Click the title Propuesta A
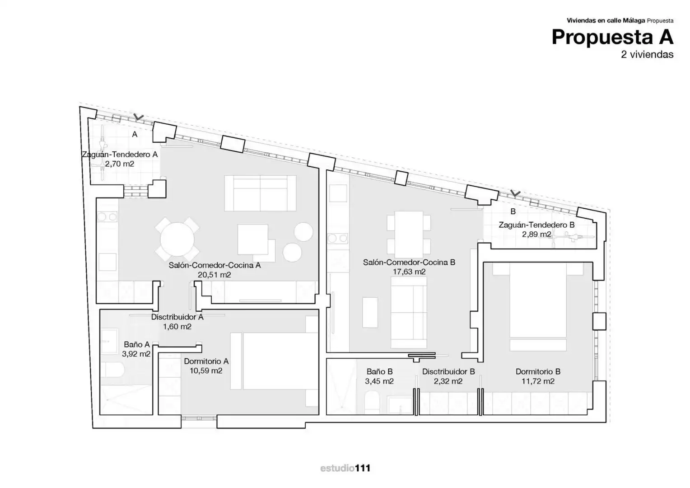point(612,38)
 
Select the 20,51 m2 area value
point(214,275)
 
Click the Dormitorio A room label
point(206,361)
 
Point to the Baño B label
point(379,371)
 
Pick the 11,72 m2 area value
point(538,381)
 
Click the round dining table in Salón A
point(177,239)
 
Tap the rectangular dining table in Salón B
point(409,235)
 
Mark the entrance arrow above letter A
point(139,117)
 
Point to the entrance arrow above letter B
point(515,193)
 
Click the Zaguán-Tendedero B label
point(536,225)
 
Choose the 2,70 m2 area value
point(120,164)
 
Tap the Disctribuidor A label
point(177,317)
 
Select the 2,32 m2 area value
point(448,381)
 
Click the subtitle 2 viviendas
point(647,55)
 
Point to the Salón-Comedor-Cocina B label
point(409,262)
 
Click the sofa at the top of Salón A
point(260,193)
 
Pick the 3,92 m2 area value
point(136,354)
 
